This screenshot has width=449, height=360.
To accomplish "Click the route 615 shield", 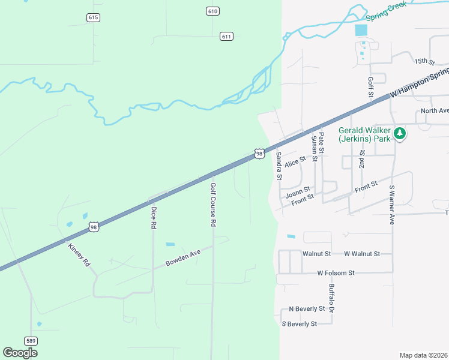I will click(92, 17).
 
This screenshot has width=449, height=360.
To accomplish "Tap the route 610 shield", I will click(212, 11).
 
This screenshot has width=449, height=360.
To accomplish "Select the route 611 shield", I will click(226, 36).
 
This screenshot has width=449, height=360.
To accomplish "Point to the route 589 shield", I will click(31, 341).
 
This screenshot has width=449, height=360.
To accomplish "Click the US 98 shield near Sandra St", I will click(259, 154).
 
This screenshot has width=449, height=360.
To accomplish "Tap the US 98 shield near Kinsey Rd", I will click(93, 226).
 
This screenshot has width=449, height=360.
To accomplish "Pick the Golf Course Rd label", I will click(212, 205).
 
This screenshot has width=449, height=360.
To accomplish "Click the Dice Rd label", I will click(154, 217).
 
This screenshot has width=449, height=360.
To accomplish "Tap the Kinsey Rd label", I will click(79, 255).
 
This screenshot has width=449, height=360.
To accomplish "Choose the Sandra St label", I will click(279, 166).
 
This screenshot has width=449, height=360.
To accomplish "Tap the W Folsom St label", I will click(336, 273).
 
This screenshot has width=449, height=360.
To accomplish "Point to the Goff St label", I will click(370, 87).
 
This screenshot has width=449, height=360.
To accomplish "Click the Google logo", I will click(20, 353).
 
